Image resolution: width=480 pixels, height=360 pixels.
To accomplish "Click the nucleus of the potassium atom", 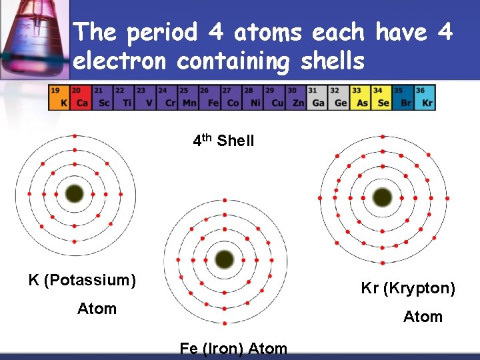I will [74, 194].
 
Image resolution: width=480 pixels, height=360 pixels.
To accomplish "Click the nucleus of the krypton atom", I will [383, 197].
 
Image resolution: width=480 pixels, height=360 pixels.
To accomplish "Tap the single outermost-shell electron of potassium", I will [75, 135].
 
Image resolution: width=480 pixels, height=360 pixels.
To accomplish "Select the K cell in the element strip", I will [59, 97].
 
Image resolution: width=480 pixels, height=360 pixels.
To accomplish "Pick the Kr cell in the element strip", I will [425, 97].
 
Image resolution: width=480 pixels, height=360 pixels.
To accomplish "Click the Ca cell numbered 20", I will [80, 97].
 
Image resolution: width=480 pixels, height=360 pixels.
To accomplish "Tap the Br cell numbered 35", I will [403, 97].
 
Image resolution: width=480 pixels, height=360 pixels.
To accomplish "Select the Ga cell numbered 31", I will [317, 97].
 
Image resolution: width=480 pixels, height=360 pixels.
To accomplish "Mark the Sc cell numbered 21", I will [102, 97].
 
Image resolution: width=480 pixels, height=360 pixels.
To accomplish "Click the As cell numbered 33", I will [361, 97].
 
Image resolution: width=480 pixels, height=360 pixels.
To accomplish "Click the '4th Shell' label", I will [223, 141].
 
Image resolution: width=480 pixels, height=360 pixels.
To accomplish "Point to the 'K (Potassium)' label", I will [82, 280].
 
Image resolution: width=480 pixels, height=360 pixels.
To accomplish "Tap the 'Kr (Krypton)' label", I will [408, 289].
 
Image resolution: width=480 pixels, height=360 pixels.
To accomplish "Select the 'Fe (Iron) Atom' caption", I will [233, 349].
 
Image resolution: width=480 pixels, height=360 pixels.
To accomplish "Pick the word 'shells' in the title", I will [327, 61].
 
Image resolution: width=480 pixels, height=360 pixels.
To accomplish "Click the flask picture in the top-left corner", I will [33, 37].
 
